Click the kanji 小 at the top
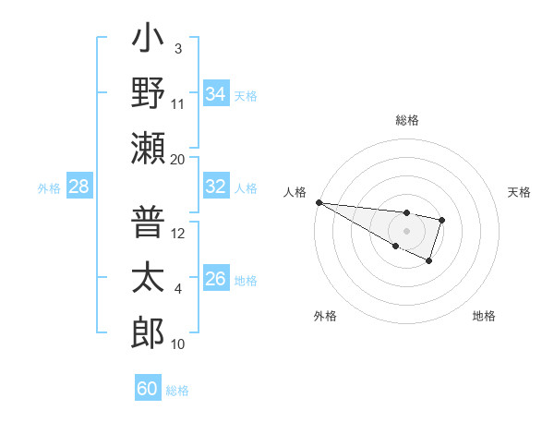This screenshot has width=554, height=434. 148,42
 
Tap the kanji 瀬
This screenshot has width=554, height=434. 148,148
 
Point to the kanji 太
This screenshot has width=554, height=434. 148,278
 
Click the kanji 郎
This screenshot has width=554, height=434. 148,332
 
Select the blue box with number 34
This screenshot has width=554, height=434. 215,94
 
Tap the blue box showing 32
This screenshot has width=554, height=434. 215,187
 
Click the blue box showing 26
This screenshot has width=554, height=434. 215,280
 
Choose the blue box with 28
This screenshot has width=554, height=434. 79,187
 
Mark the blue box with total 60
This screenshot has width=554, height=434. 148,389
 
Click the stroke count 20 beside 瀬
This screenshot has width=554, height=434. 177,160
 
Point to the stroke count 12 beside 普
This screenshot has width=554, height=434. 178,234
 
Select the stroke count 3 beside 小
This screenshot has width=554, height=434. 177,48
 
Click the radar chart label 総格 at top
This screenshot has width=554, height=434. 406,120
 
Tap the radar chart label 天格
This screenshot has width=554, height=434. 519,192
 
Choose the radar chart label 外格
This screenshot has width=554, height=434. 325,316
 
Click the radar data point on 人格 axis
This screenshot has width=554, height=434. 318,201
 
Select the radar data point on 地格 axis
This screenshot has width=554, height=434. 429,262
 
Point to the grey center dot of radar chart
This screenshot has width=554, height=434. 406,230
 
